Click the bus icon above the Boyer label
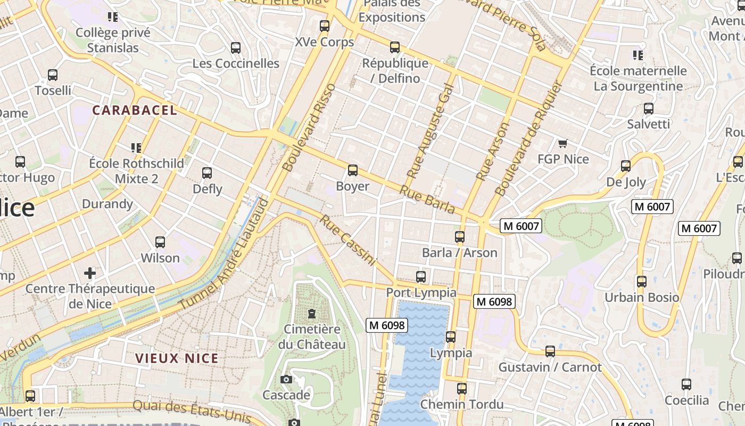352,170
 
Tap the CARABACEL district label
134,110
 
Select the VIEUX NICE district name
177,358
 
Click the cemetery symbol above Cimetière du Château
311,314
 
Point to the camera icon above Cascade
286,379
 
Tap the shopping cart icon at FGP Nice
562,143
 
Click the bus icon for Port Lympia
421,277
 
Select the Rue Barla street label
427,200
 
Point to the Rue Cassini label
347,240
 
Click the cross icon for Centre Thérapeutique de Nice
90,273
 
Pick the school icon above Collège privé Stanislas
112,17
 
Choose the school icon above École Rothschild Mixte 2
136,148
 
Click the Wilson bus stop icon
160,242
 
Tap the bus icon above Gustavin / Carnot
550,351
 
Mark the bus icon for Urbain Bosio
642,281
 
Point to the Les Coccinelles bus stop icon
236,48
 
